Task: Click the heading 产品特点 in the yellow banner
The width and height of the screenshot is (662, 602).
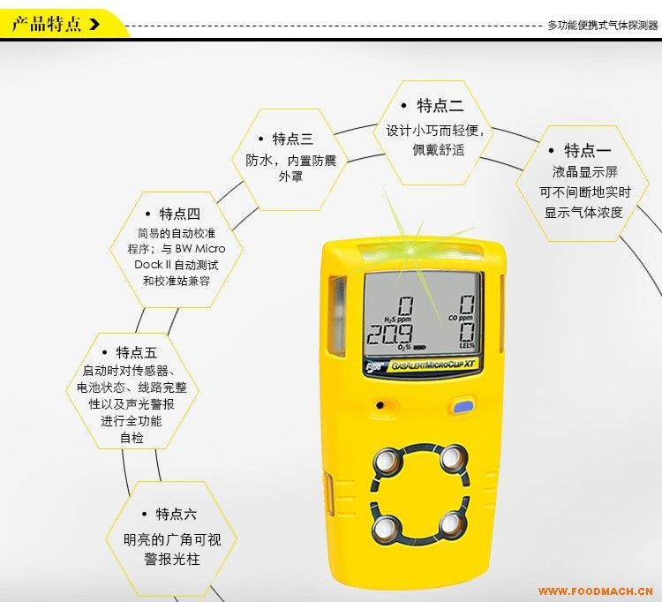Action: click(x=46, y=24)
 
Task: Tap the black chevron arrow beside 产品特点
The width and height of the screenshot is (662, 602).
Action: click(x=94, y=24)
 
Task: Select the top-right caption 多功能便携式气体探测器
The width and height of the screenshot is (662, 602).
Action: click(x=603, y=26)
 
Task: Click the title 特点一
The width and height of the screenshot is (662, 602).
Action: click(x=587, y=150)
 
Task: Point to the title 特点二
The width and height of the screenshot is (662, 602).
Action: click(x=440, y=105)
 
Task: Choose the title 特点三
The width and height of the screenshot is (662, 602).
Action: click(x=292, y=139)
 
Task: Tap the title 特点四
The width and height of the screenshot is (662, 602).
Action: click(x=179, y=214)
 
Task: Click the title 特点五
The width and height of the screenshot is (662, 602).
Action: click(x=136, y=352)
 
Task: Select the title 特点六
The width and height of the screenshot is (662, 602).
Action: click(x=176, y=515)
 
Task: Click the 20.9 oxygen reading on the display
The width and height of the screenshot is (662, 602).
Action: click(x=389, y=335)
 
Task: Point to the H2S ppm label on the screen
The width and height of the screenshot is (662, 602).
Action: click(x=397, y=320)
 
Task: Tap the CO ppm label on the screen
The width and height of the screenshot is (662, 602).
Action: click(x=461, y=318)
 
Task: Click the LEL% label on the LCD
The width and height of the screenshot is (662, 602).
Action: click(x=467, y=345)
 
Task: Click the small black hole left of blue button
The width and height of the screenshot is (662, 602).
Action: click(x=380, y=405)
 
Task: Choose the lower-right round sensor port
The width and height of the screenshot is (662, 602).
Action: click(x=452, y=525)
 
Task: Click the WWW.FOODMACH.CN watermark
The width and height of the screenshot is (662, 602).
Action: click(x=595, y=591)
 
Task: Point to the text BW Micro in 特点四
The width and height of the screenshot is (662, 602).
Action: click(x=200, y=248)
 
